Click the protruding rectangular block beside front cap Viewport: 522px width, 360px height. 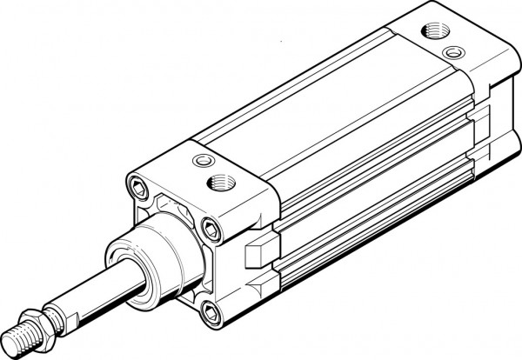click(258, 252)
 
